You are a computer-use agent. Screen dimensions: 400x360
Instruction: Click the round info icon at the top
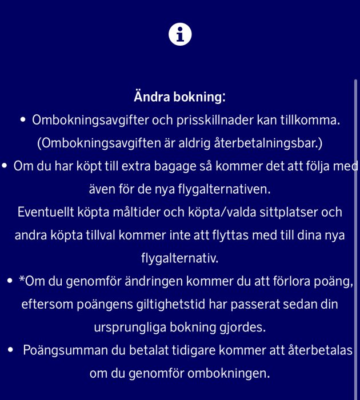tap(180, 35)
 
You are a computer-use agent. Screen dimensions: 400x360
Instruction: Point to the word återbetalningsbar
tap(276, 143)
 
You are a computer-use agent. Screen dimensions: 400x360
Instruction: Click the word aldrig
tap(200, 143)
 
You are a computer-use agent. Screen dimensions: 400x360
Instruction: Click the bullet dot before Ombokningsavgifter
tap(23, 120)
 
